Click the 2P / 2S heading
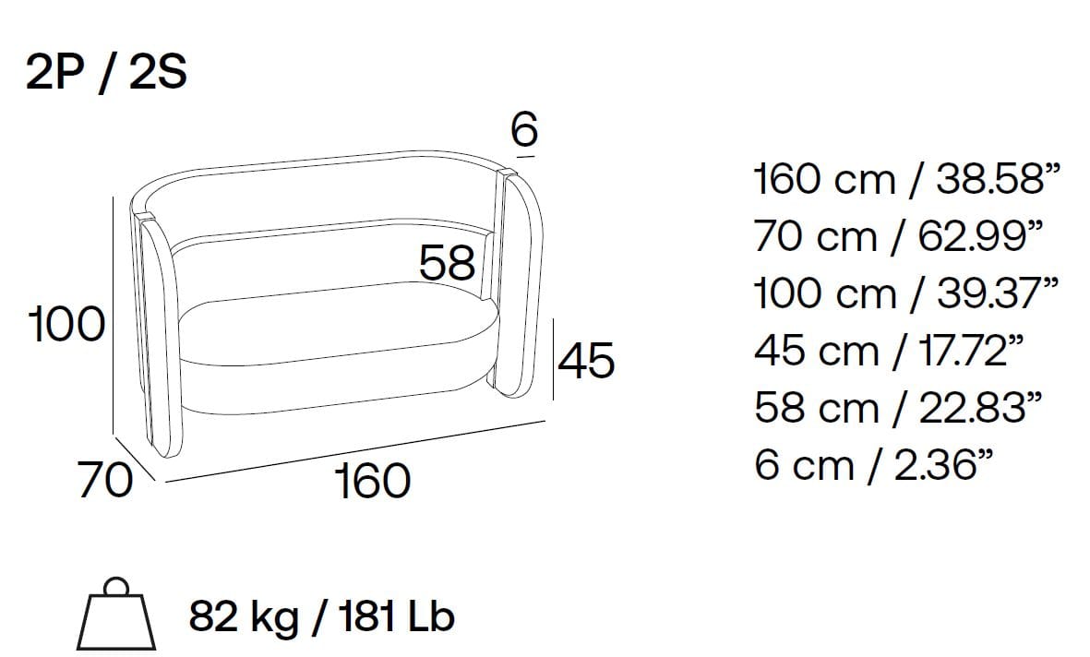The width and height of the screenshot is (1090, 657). [x=106, y=72]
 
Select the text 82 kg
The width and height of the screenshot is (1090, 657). [x=244, y=616]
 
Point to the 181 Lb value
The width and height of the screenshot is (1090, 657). [x=398, y=616]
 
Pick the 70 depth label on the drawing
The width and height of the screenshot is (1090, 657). [x=105, y=480]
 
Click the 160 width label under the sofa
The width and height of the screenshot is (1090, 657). [x=373, y=481]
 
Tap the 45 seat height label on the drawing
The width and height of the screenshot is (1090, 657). [x=586, y=360]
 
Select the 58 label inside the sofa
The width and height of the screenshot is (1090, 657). [x=448, y=263]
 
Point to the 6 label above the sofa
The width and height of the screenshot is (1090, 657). [x=525, y=129]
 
